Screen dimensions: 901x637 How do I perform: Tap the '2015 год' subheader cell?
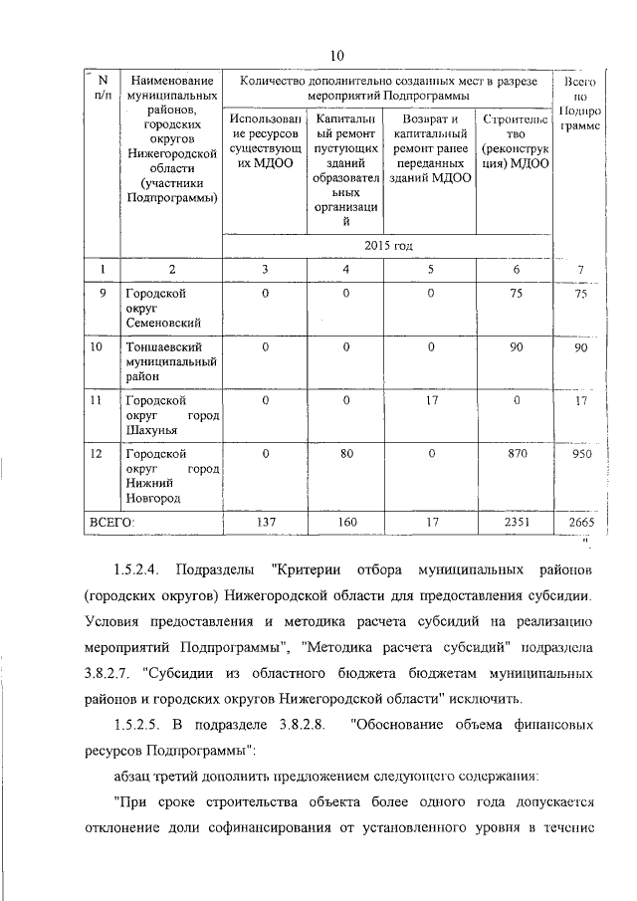[x=388, y=244]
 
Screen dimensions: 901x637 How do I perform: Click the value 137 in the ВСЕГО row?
[x=265, y=522]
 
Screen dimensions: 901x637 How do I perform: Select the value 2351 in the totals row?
[x=516, y=522]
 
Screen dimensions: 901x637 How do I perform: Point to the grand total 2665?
[x=581, y=522]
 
